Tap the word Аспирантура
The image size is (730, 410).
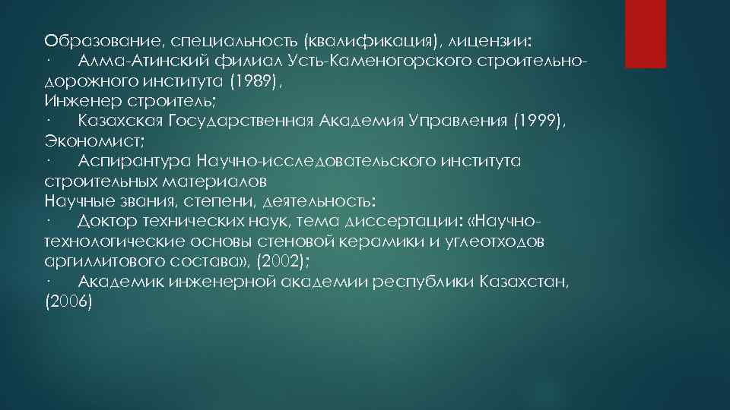click(x=134, y=162)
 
